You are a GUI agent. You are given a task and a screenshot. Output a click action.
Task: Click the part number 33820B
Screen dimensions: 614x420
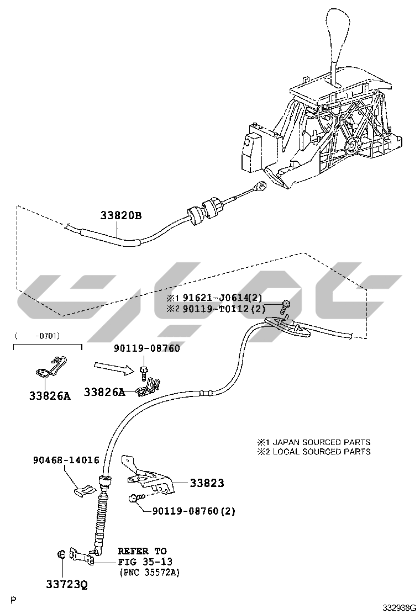coord(120,216)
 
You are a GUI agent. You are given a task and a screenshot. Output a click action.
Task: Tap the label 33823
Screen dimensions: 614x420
coord(207,483)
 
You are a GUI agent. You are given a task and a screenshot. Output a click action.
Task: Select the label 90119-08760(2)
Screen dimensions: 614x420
coord(193,511)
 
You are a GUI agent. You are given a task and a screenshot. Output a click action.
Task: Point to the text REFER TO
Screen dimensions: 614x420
coord(142,551)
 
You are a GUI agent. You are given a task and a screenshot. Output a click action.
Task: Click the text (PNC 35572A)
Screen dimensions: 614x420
coord(149,573)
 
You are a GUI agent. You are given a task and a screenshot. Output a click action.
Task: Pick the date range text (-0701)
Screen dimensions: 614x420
coord(38,335)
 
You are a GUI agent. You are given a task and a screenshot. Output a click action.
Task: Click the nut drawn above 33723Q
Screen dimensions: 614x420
coord(62,554)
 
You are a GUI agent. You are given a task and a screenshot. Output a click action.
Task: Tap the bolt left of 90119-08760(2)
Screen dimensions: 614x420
coord(134,498)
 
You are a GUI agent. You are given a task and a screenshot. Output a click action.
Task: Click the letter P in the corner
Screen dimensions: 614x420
coord(13,600)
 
